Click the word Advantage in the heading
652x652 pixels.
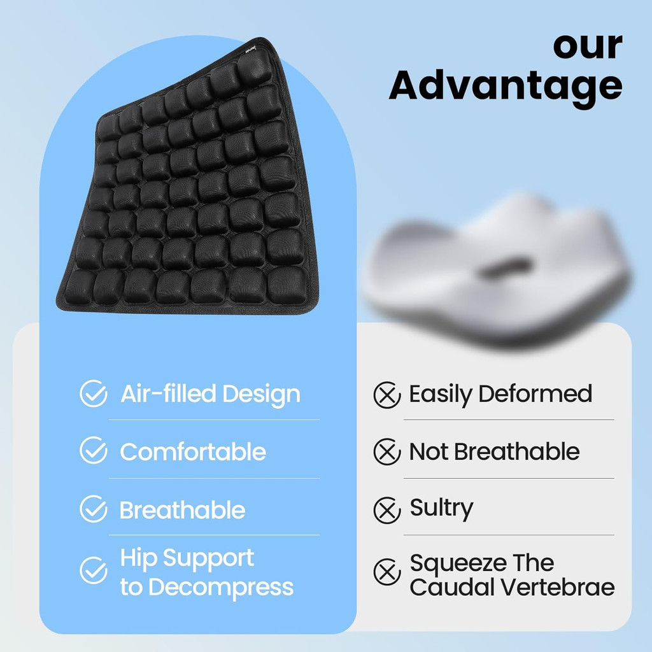click(505, 85)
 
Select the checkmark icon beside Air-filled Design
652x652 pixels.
click(94, 393)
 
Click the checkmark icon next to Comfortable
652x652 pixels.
click(94, 450)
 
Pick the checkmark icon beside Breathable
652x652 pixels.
click(94, 509)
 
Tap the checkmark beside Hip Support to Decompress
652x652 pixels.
click(94, 570)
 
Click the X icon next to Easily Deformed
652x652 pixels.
click(387, 395)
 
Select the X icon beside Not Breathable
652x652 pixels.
click(387, 451)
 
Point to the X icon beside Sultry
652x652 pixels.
click(387, 511)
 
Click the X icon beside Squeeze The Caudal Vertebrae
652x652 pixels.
click(387, 572)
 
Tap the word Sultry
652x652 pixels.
click(442, 509)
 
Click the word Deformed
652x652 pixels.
click(535, 393)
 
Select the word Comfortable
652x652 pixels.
click(193, 451)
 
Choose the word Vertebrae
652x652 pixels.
click(557, 587)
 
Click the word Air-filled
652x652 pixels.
click(168, 393)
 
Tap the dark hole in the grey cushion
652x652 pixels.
click(504, 268)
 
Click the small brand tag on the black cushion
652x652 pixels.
click(250, 49)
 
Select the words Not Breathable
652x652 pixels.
click(494, 451)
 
